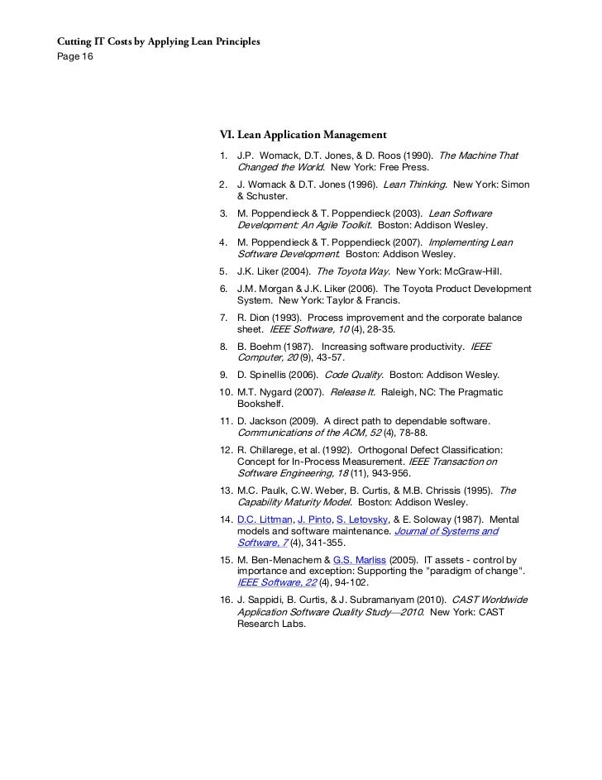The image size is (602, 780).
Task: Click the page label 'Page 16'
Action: point(75,55)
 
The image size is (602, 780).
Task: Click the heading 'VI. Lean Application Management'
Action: point(303,134)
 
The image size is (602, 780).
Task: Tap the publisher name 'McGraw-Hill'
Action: point(470,270)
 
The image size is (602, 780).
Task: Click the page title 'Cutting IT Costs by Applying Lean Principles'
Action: point(157,41)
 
